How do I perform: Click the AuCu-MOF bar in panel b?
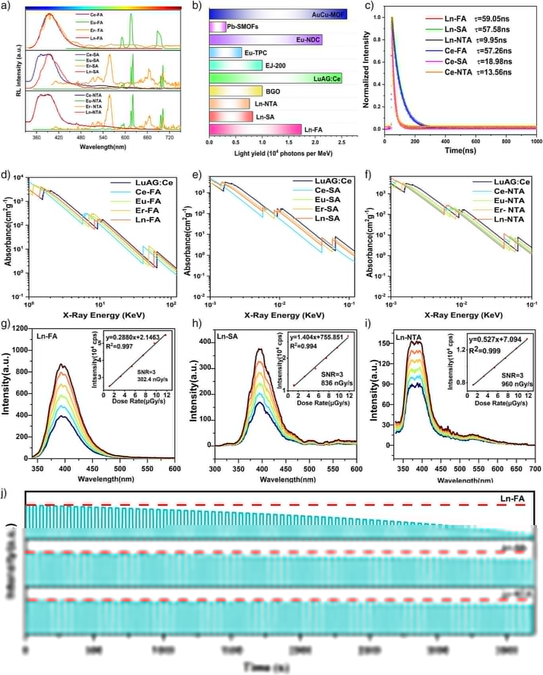pos(278,14)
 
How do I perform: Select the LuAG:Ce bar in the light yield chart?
pos(275,78)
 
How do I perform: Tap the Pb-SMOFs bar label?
pos(242,27)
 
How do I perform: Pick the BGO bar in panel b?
pos(236,91)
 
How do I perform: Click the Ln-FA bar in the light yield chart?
pos(255,130)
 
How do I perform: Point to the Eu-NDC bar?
pos(265,40)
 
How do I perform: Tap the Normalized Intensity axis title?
pos(366,70)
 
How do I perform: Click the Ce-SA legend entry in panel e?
pos(327,191)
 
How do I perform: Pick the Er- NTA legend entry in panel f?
pos(509,210)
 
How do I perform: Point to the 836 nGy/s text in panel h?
pos(337,383)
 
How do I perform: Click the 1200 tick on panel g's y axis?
pos(20,329)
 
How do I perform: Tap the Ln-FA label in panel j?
pos(512,499)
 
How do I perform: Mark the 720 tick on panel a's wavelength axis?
pos(169,138)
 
